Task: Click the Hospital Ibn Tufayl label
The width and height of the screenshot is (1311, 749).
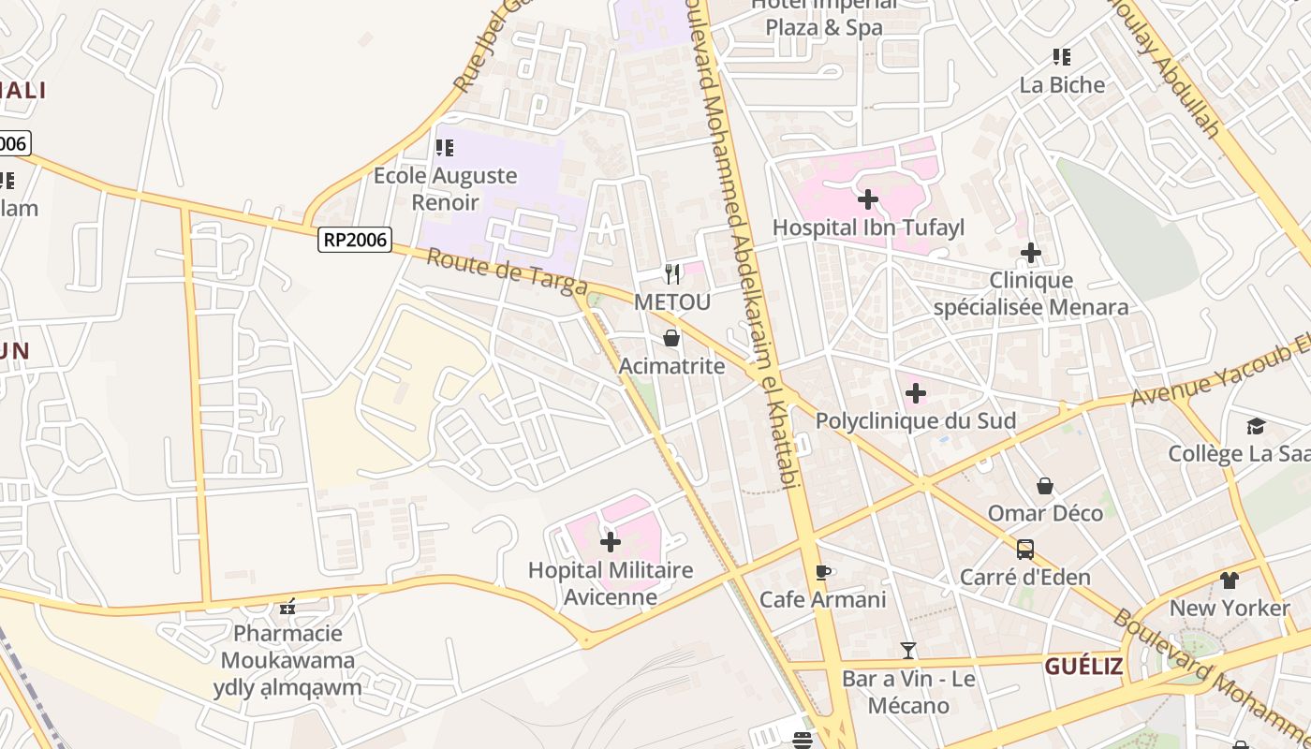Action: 867,228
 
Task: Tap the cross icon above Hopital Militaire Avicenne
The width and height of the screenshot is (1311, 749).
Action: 610,542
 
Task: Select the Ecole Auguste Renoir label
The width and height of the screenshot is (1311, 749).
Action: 445,188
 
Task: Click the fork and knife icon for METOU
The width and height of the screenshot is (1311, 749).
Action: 671,273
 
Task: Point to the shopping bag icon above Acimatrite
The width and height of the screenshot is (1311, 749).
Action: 671,338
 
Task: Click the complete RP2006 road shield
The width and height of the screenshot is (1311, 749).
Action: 354,240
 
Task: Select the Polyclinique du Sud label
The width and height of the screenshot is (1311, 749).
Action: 915,421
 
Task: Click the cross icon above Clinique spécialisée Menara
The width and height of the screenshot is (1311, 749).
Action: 1030,253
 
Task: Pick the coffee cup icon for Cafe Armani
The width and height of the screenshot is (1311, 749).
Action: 823,572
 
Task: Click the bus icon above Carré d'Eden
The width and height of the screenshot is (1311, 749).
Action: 1024,550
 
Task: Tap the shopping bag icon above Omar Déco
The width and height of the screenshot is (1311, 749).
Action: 1045,486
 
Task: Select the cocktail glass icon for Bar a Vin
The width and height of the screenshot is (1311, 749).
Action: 907,650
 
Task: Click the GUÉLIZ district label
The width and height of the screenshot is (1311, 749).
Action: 1083,667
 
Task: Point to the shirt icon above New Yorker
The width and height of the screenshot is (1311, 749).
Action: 1229,580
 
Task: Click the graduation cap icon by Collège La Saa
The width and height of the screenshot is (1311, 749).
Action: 1256,427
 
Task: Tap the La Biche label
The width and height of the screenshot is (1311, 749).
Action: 1062,85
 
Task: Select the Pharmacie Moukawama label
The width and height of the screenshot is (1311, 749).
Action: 287,647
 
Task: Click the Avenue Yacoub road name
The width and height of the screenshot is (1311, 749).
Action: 1217,373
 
